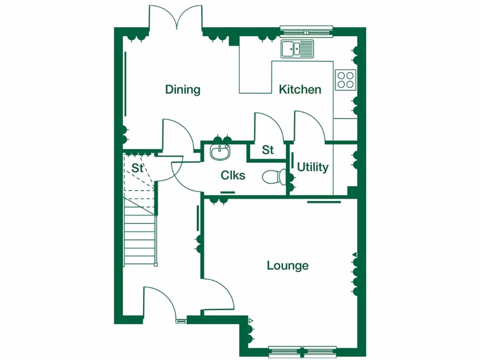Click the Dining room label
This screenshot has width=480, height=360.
coord(183,90)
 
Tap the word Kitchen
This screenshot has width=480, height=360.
coord(300,90)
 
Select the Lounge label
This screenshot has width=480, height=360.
coord(288,266)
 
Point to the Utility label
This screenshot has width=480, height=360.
coord(313,167)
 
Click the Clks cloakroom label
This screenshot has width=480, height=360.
coord(233,175)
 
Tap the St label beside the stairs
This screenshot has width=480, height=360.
coord(137,168)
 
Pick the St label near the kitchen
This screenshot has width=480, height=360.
coord(268,150)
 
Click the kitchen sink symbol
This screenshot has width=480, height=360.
coord(297,49)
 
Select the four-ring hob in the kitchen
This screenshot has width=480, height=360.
coord(345,80)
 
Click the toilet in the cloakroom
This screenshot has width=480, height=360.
coord(275,177)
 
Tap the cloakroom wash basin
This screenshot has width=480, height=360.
coord(220,152)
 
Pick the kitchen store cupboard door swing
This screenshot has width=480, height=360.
coord(267,127)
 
